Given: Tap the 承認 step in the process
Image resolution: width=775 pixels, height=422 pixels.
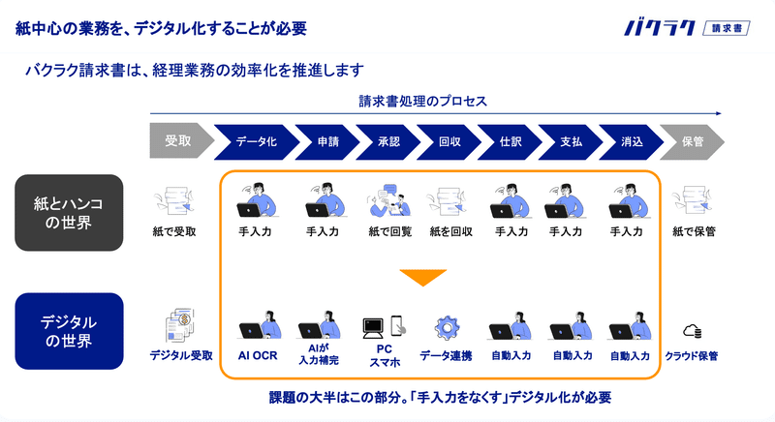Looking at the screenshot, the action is (x=388, y=142).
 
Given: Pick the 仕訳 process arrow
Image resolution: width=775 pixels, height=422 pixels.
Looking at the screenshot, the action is (x=510, y=142).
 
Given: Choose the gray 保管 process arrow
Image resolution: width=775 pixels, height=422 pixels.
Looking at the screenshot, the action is (x=692, y=142).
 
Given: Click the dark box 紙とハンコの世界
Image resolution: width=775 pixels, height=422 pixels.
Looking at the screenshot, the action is (x=69, y=213).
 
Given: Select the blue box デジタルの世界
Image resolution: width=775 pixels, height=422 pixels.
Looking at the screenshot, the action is (x=69, y=331).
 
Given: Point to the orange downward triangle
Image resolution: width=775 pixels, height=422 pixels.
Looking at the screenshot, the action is (x=423, y=277).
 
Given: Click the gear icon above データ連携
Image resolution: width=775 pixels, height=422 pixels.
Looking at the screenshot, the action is (x=447, y=328).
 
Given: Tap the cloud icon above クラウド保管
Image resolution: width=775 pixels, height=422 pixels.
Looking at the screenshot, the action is (x=692, y=331).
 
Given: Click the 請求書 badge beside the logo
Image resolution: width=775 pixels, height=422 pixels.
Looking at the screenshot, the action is (x=727, y=28).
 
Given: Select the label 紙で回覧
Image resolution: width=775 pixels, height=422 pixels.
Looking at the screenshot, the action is (x=390, y=231).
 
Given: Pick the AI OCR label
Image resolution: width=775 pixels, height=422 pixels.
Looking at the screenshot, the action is (x=258, y=355).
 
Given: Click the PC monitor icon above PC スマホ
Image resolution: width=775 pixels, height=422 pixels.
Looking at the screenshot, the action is (x=373, y=328).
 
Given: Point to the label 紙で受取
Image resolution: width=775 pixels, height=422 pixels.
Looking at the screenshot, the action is (x=174, y=231).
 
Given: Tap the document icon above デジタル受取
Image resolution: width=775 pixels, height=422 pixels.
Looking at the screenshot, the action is (x=179, y=325).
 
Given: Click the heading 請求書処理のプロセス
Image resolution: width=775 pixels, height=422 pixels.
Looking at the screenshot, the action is (x=423, y=102).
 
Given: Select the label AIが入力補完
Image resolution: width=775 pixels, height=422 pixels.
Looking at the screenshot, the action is (x=319, y=354).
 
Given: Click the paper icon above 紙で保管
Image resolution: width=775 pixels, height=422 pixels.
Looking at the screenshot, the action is (x=692, y=200).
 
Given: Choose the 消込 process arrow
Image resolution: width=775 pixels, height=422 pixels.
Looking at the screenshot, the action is (x=632, y=142).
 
